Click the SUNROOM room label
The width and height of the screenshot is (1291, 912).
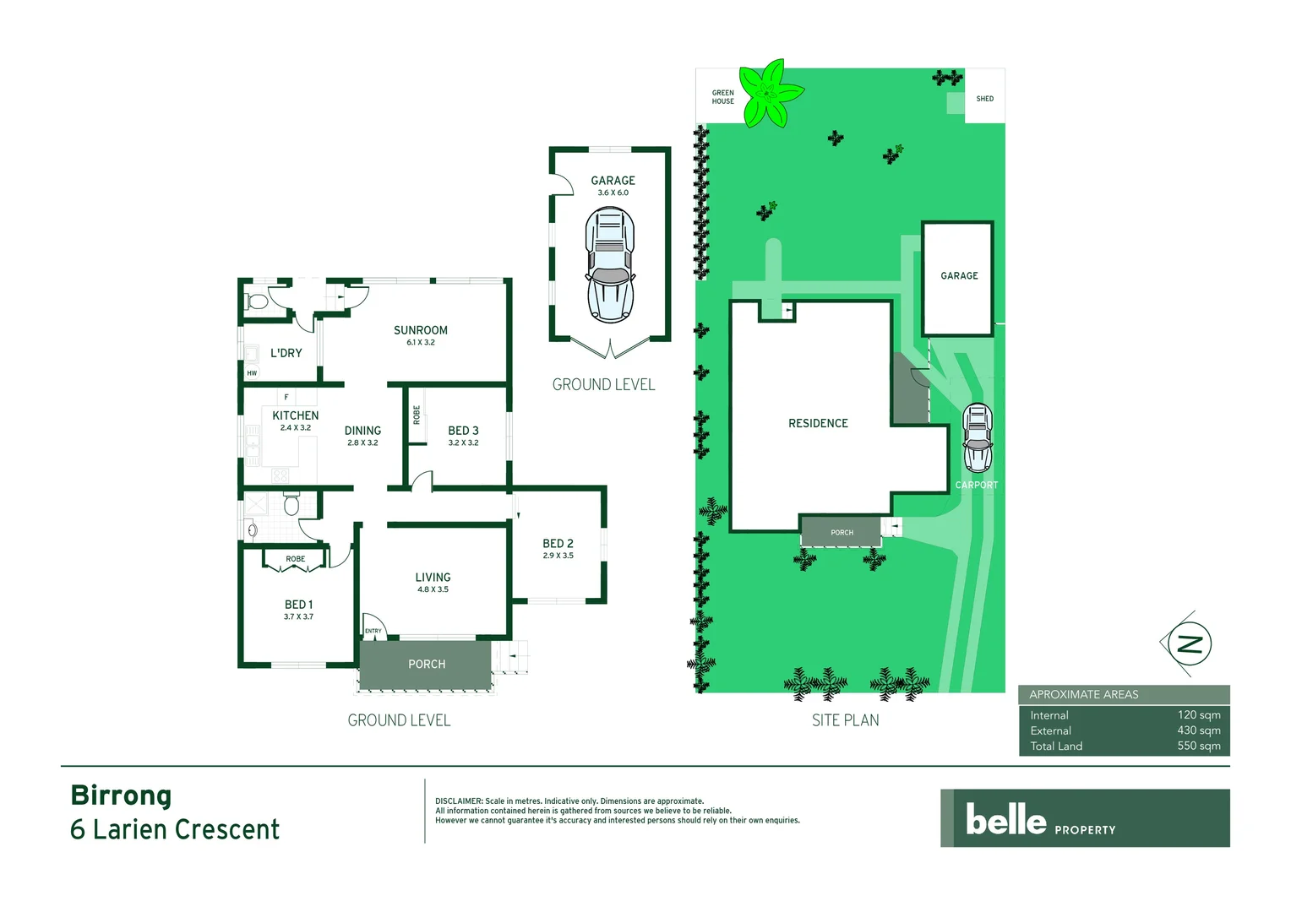pos(420,330)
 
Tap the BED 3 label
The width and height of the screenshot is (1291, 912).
pos(463,431)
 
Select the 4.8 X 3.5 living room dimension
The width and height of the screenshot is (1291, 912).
pos(433,589)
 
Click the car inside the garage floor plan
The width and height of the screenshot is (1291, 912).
pos(610,266)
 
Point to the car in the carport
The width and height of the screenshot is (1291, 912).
pos(978,437)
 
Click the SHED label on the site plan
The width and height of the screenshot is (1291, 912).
pos(984,99)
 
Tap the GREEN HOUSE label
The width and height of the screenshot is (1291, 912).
pos(722,97)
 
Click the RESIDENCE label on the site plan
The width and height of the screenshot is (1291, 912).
pos(818,423)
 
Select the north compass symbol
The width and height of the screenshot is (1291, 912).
pos(1189,644)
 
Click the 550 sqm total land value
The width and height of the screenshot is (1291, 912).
pos(1198,746)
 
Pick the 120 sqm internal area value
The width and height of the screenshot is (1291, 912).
pos(1198,715)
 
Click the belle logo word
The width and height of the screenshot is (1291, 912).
pos(1005,819)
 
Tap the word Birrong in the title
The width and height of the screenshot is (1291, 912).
pos(121,795)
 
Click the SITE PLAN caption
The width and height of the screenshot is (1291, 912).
pos(845,720)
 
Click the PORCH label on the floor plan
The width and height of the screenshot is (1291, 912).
pos(427,665)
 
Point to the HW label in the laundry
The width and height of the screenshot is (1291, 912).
pos(252,373)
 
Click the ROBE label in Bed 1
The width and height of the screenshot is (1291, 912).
pos(295,559)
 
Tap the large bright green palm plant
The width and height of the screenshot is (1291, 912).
pos(769,93)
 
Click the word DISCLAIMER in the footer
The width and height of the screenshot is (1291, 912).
pos(459,801)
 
